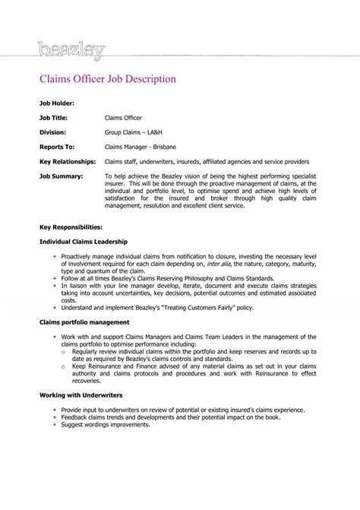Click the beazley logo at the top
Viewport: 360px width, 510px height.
click(70, 52)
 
